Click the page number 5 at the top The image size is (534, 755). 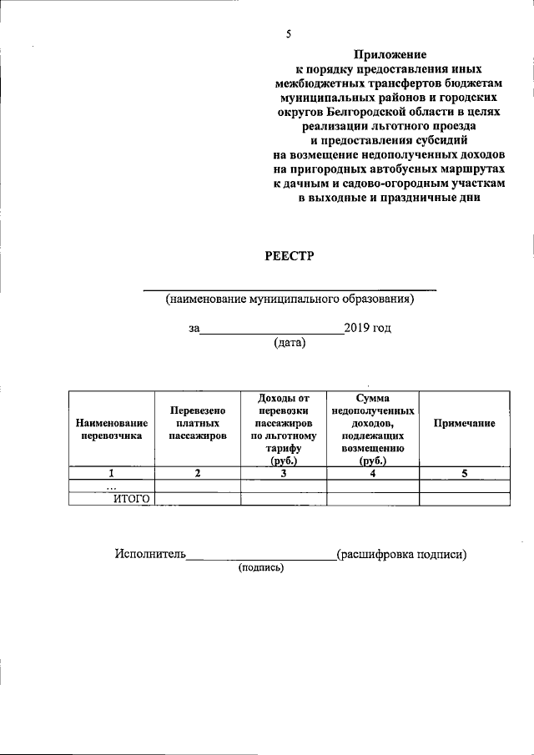pyautogui.click(x=289, y=34)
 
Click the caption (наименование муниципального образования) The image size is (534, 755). pyautogui.click(x=289, y=299)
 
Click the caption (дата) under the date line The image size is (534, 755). pyautogui.click(x=290, y=342)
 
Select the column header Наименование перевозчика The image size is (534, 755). pyautogui.click(x=112, y=429)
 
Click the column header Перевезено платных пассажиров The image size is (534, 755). pyautogui.click(x=198, y=423)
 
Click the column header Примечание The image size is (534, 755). pyautogui.click(x=464, y=424)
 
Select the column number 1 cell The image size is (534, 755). pyautogui.click(x=111, y=474)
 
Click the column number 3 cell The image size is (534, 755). pyautogui.click(x=284, y=474)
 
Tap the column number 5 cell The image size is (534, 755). pyautogui.click(x=464, y=474)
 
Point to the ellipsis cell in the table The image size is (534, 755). pyautogui.click(x=111, y=486)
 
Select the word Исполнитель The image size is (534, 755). pyautogui.click(x=150, y=554)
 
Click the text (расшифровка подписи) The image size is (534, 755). pyautogui.click(x=401, y=554)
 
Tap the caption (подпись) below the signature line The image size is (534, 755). pyautogui.click(x=261, y=568)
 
